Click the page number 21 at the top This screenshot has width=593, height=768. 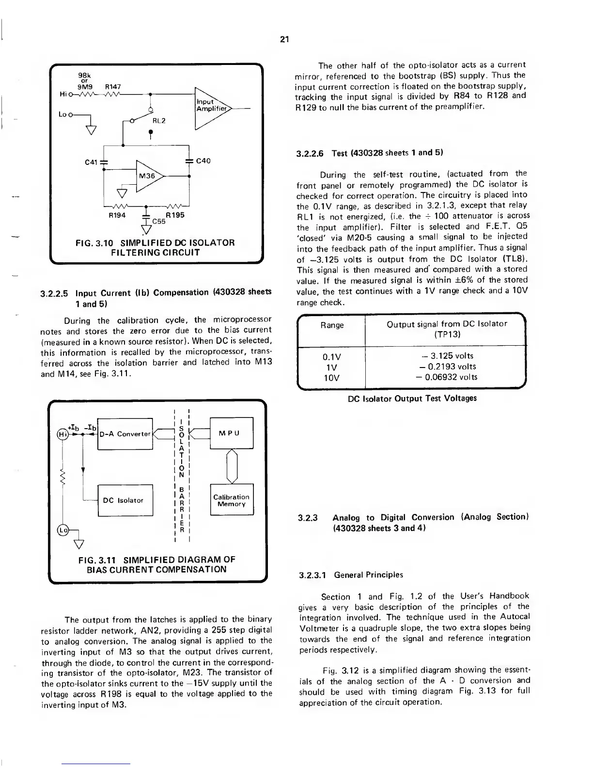(284, 40)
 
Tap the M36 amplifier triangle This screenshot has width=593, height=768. (149, 176)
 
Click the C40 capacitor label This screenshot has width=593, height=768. (203, 160)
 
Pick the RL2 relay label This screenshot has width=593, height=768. (159, 121)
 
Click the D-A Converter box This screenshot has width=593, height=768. (125, 433)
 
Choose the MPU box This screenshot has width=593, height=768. (232, 433)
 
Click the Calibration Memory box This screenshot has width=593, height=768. (232, 500)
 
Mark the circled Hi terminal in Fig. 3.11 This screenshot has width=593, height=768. (62, 433)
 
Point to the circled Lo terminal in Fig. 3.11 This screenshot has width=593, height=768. (62, 530)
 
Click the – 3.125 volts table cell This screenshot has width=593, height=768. (445, 356)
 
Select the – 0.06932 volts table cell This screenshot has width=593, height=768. (445, 377)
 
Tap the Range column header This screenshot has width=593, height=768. (332, 325)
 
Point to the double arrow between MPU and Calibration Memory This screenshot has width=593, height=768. (232, 466)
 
